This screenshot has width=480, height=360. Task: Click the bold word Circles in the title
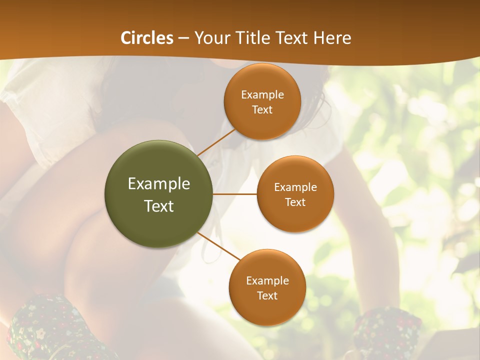click(146, 38)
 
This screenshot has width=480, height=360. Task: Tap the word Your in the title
click(212, 38)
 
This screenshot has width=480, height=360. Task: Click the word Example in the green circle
click(159, 184)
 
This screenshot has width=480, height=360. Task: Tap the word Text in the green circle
click(159, 206)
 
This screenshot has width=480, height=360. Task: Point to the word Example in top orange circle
click(262, 94)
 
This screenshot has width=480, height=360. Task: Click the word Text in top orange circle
click(262, 109)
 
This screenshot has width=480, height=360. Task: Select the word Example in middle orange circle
click(295, 187)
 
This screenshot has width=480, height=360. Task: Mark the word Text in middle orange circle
click(295, 202)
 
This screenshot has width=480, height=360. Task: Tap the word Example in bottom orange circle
click(267, 280)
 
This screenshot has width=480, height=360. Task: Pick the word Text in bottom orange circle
click(267, 295)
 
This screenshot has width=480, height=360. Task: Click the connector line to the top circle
click(216, 142)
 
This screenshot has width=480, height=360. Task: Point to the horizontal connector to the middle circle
click(235, 194)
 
